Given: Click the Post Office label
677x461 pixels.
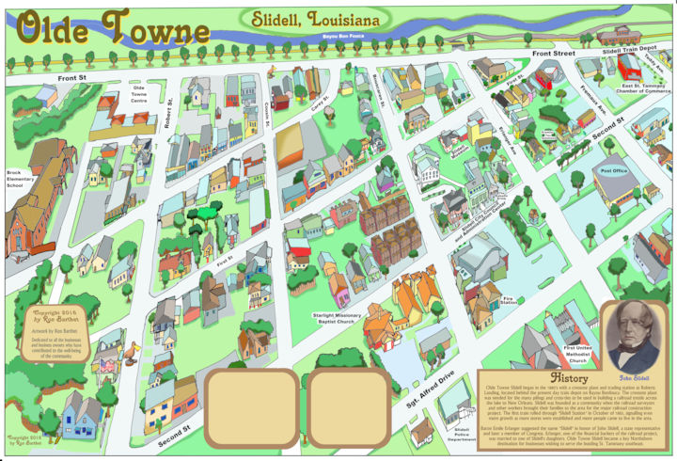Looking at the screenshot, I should pos(613,170).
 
